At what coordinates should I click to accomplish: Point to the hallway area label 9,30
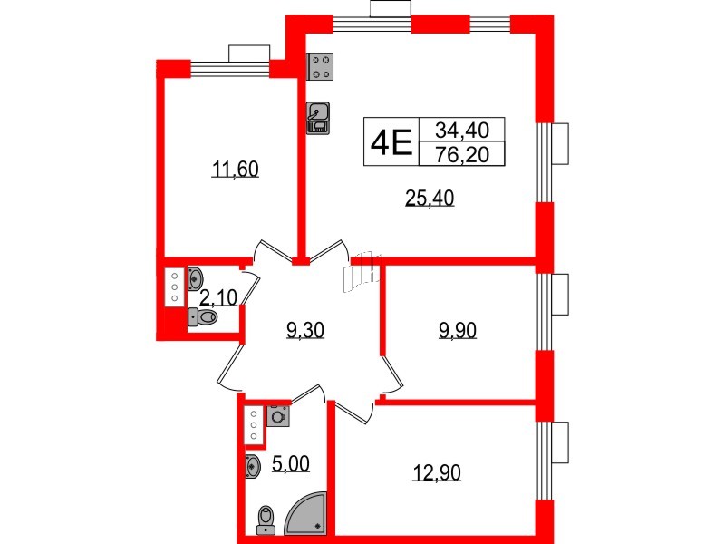(x=304, y=330)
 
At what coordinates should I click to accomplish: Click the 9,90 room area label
(x=458, y=330)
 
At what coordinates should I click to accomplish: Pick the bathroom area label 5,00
(x=291, y=464)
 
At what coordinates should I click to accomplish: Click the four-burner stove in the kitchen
(x=322, y=65)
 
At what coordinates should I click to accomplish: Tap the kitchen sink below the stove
(x=318, y=117)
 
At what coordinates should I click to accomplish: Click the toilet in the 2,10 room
(x=202, y=317)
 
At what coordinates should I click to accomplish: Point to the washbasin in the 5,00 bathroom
(x=253, y=466)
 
